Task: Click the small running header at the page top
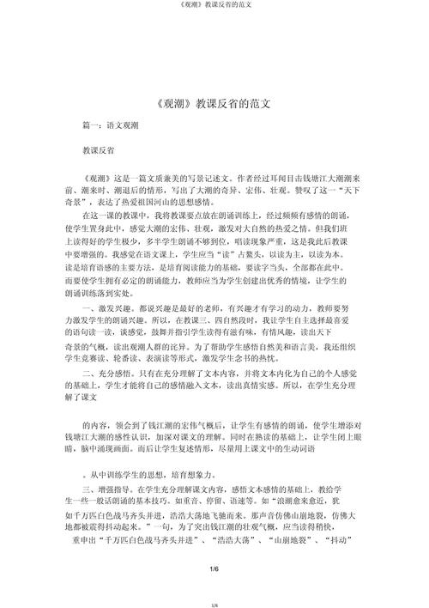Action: [214, 8]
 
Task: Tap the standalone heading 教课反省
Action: [99, 149]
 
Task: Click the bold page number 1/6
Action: [214, 569]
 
